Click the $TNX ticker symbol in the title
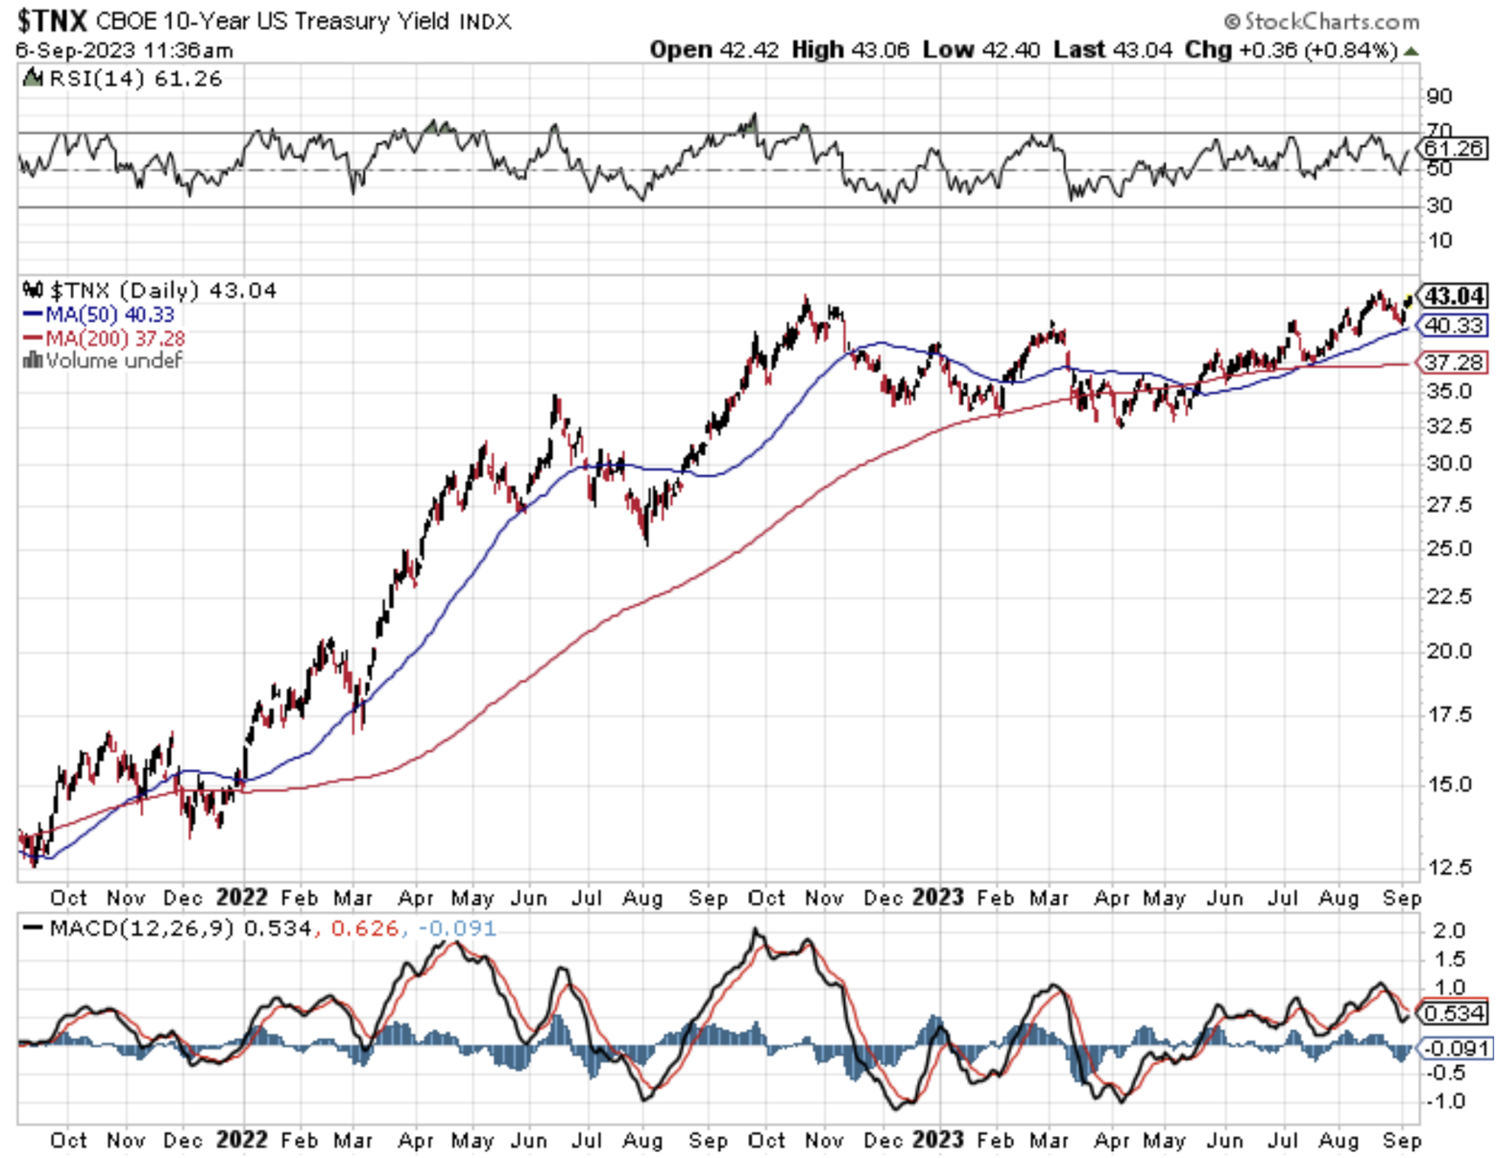(52, 20)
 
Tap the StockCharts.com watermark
(1322, 21)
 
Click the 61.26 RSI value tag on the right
(1454, 148)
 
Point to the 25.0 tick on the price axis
(1449, 548)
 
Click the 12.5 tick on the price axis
(1449, 867)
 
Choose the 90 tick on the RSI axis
(1439, 96)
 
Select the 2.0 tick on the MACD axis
(1448, 930)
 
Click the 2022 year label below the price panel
(241, 897)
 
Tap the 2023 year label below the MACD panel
(937, 1140)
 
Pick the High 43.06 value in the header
(850, 50)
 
